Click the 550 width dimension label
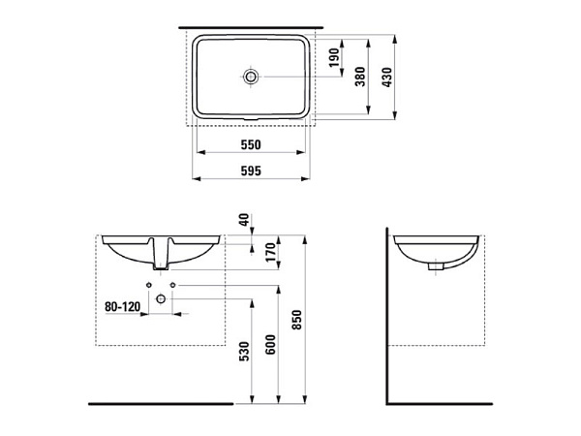[x=251, y=144]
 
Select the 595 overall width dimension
[x=251, y=171]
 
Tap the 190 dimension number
[x=335, y=57]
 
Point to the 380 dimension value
[x=360, y=77]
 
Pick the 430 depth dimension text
[x=386, y=78]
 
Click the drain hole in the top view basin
[x=251, y=77]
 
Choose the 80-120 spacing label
[x=123, y=306]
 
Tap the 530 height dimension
[x=245, y=351]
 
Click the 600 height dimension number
[x=271, y=344]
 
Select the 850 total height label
[x=297, y=320]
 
